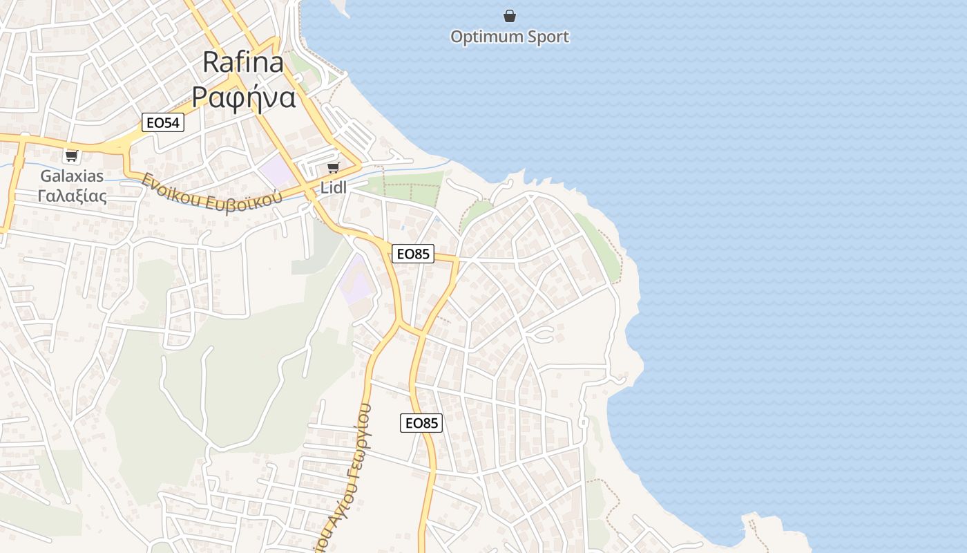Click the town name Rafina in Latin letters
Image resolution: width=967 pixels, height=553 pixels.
(243, 62)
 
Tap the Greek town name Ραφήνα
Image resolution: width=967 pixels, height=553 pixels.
(243, 97)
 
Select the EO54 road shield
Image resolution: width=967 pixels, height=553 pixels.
(163, 123)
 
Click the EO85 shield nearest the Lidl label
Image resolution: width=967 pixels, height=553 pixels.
(412, 254)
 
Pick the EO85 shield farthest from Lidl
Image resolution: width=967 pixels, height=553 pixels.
(421, 423)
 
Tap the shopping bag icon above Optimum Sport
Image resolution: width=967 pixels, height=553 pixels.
(510, 16)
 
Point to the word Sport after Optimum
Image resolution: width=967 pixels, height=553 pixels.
(548, 37)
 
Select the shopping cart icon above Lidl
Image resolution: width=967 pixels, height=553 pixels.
(334, 167)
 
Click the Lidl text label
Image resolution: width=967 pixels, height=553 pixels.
(334, 187)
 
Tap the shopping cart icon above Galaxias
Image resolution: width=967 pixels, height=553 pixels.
(72, 156)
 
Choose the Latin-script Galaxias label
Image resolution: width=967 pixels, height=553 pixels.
(72, 176)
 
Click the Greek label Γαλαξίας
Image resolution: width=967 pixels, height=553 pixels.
(72, 196)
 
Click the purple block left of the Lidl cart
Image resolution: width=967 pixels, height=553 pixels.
(276, 170)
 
